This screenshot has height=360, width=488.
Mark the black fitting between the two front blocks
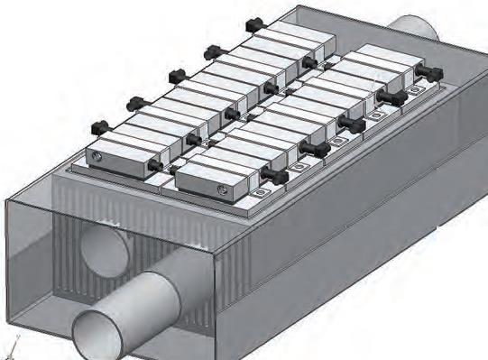pos(160,166)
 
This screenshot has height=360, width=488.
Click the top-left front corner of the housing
pos(8,207)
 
